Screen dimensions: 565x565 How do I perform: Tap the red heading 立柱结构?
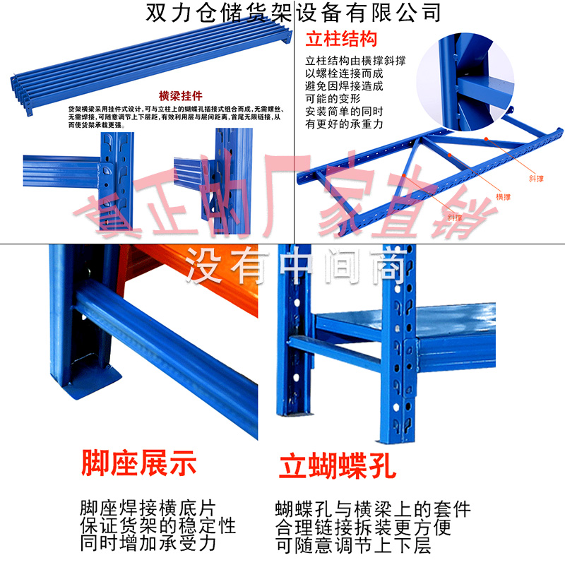click(x=341, y=39)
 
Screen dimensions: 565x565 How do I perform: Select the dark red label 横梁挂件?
click(x=181, y=95)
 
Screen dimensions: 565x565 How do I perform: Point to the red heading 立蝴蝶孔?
click(x=338, y=467)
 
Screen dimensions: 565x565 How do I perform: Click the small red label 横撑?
click(x=503, y=196)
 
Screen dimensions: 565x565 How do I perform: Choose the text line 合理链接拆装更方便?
click(x=363, y=528)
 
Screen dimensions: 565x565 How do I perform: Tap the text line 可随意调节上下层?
click(x=353, y=545)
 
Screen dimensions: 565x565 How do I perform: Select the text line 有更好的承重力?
click(x=344, y=124)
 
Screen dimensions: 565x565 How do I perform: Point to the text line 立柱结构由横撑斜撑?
click(x=355, y=61)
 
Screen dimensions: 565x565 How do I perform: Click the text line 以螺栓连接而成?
click(x=344, y=73)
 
